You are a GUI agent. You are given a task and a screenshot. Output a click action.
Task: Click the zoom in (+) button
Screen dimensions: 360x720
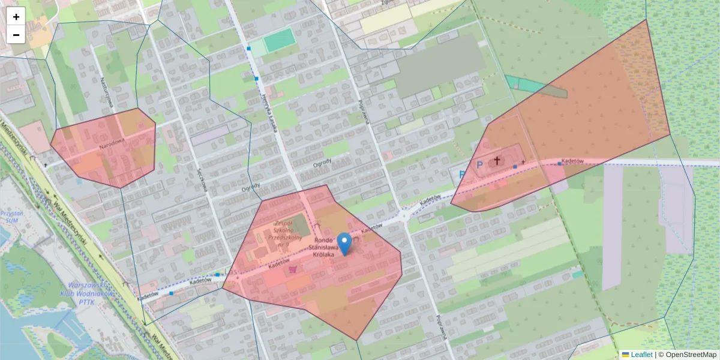pyautogui.click(x=16, y=17)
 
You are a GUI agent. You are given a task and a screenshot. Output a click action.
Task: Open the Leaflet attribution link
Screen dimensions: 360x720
pyautogui.click(x=641, y=355)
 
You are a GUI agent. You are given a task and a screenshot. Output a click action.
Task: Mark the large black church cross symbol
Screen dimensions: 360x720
pyautogui.click(x=497, y=161)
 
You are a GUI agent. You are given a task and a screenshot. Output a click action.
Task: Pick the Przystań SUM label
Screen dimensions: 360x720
pyautogui.click(x=11, y=217)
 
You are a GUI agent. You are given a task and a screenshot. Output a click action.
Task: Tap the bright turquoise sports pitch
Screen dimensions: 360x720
pyautogui.click(x=279, y=40)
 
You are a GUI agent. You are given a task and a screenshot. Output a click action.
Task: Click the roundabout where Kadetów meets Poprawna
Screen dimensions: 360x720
pyautogui.click(x=405, y=214)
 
